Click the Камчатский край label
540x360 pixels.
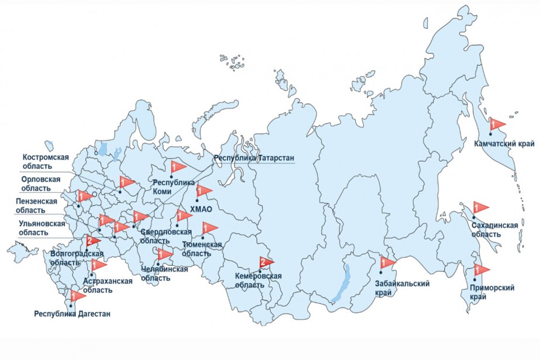click(x=502, y=143)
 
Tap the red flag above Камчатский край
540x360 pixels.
click(x=497, y=124)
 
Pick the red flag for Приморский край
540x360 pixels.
click(x=481, y=270)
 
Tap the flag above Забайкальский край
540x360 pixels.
click(x=387, y=263)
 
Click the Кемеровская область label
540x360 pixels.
click(x=258, y=280)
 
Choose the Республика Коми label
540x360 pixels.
click(x=172, y=186)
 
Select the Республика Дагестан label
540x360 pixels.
click(x=72, y=314)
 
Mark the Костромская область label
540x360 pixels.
click(x=46, y=161)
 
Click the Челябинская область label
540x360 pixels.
click(x=164, y=274)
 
